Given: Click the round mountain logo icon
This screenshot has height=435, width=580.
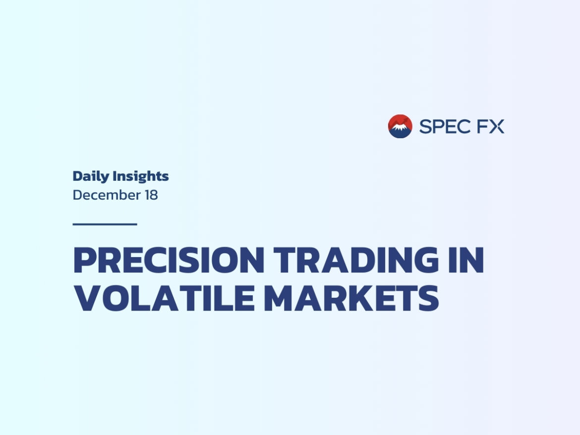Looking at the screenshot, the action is click(x=400, y=126).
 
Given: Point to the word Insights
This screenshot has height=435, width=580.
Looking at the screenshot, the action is click(x=141, y=177).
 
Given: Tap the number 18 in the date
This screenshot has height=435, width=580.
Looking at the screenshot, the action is click(x=151, y=195).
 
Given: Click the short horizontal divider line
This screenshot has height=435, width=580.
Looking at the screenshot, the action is click(x=105, y=224).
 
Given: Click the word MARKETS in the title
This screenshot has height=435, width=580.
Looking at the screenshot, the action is click(x=351, y=298).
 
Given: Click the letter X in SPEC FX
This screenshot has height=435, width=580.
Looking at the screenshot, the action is click(x=497, y=126).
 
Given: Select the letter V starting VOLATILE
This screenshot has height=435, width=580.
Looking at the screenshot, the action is click(x=87, y=298).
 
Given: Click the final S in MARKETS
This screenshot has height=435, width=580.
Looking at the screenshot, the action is click(x=428, y=298).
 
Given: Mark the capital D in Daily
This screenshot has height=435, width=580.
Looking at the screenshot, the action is click(x=78, y=176).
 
